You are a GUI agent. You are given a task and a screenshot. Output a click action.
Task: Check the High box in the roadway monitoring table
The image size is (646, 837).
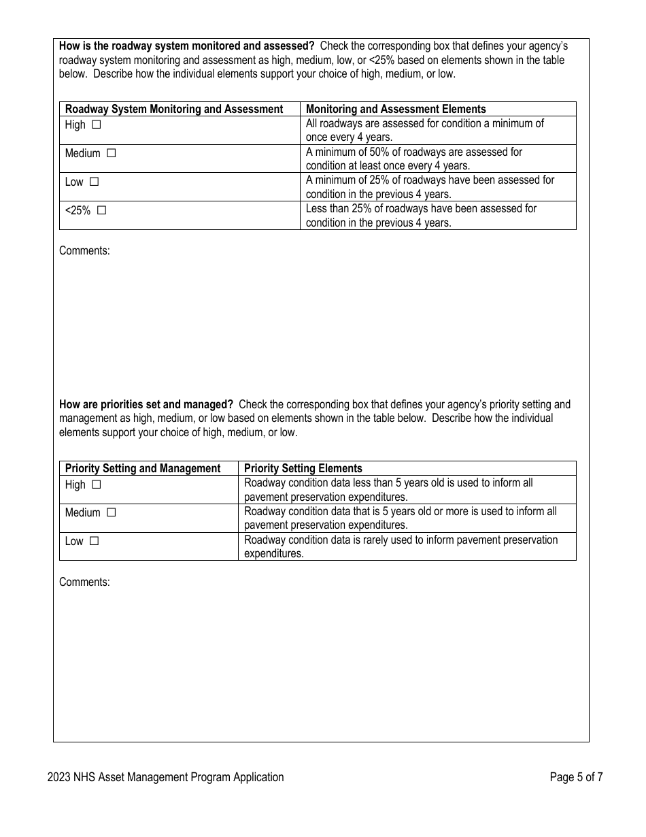tap(96, 125)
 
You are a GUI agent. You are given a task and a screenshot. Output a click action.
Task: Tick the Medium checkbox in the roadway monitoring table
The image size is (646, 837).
tap(112, 154)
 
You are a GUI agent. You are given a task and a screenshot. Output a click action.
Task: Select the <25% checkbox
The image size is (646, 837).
tap(101, 211)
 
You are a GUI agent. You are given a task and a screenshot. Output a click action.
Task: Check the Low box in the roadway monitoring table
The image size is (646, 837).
tap(95, 182)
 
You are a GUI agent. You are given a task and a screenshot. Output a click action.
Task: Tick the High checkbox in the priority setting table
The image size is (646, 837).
tap(96, 485)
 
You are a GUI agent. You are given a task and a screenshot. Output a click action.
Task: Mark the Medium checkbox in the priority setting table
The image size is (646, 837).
tap(112, 513)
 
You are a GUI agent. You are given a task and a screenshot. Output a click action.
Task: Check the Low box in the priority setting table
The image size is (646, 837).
tap(95, 542)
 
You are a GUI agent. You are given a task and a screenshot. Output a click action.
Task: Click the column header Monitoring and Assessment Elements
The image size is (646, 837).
tap(396, 109)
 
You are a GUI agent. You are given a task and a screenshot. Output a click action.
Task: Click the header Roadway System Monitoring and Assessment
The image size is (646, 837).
tap(174, 109)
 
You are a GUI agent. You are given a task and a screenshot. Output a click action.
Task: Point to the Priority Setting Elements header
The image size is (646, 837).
tap(303, 468)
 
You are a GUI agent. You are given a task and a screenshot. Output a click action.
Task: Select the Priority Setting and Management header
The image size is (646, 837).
tap(143, 468)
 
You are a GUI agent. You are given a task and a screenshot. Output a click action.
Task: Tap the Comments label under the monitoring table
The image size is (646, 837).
tap(84, 250)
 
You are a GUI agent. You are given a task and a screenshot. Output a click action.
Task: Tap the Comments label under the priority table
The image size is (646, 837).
tap(84, 582)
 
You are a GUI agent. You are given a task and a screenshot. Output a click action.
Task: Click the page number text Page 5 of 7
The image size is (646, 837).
tap(575, 777)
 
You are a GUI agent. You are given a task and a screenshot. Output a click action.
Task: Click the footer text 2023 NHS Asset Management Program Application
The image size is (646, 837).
tap(165, 777)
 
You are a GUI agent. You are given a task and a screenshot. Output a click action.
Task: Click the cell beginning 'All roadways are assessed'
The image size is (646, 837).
tap(424, 130)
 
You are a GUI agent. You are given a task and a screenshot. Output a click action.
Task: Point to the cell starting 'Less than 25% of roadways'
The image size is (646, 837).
tap(421, 216)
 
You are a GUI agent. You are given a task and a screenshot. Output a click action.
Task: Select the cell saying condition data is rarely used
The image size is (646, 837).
tap(401, 546)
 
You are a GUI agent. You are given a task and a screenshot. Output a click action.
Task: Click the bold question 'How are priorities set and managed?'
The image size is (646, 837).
tap(146, 404)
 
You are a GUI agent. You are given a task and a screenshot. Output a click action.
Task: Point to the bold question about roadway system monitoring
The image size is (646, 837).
tap(186, 46)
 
